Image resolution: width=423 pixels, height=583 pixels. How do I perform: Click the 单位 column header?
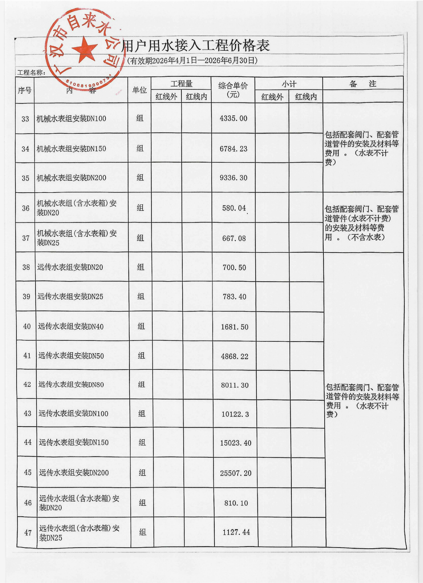(x=139, y=90)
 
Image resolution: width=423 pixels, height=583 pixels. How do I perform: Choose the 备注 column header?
(x=363, y=84)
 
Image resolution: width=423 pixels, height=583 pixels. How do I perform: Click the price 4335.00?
(x=233, y=119)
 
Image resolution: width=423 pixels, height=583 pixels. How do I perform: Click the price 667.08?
(x=234, y=238)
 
